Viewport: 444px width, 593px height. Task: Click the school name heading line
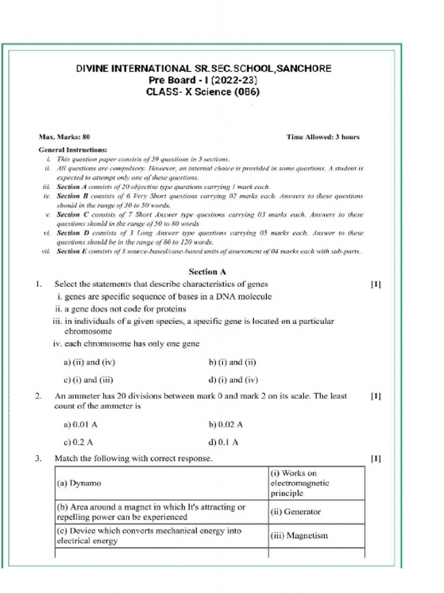pos(204,68)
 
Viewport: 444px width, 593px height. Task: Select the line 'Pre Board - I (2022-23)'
pos(203,80)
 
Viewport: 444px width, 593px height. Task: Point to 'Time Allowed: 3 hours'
pos(323,137)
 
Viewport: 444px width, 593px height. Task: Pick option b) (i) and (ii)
pos(232,363)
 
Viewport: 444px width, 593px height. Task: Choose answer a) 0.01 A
pos(80,424)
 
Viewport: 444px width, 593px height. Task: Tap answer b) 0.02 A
pos(225,424)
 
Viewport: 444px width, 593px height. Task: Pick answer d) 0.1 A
pos(223,442)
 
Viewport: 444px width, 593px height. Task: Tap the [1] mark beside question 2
pos(375,397)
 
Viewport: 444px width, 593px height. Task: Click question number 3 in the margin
pos(38,459)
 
